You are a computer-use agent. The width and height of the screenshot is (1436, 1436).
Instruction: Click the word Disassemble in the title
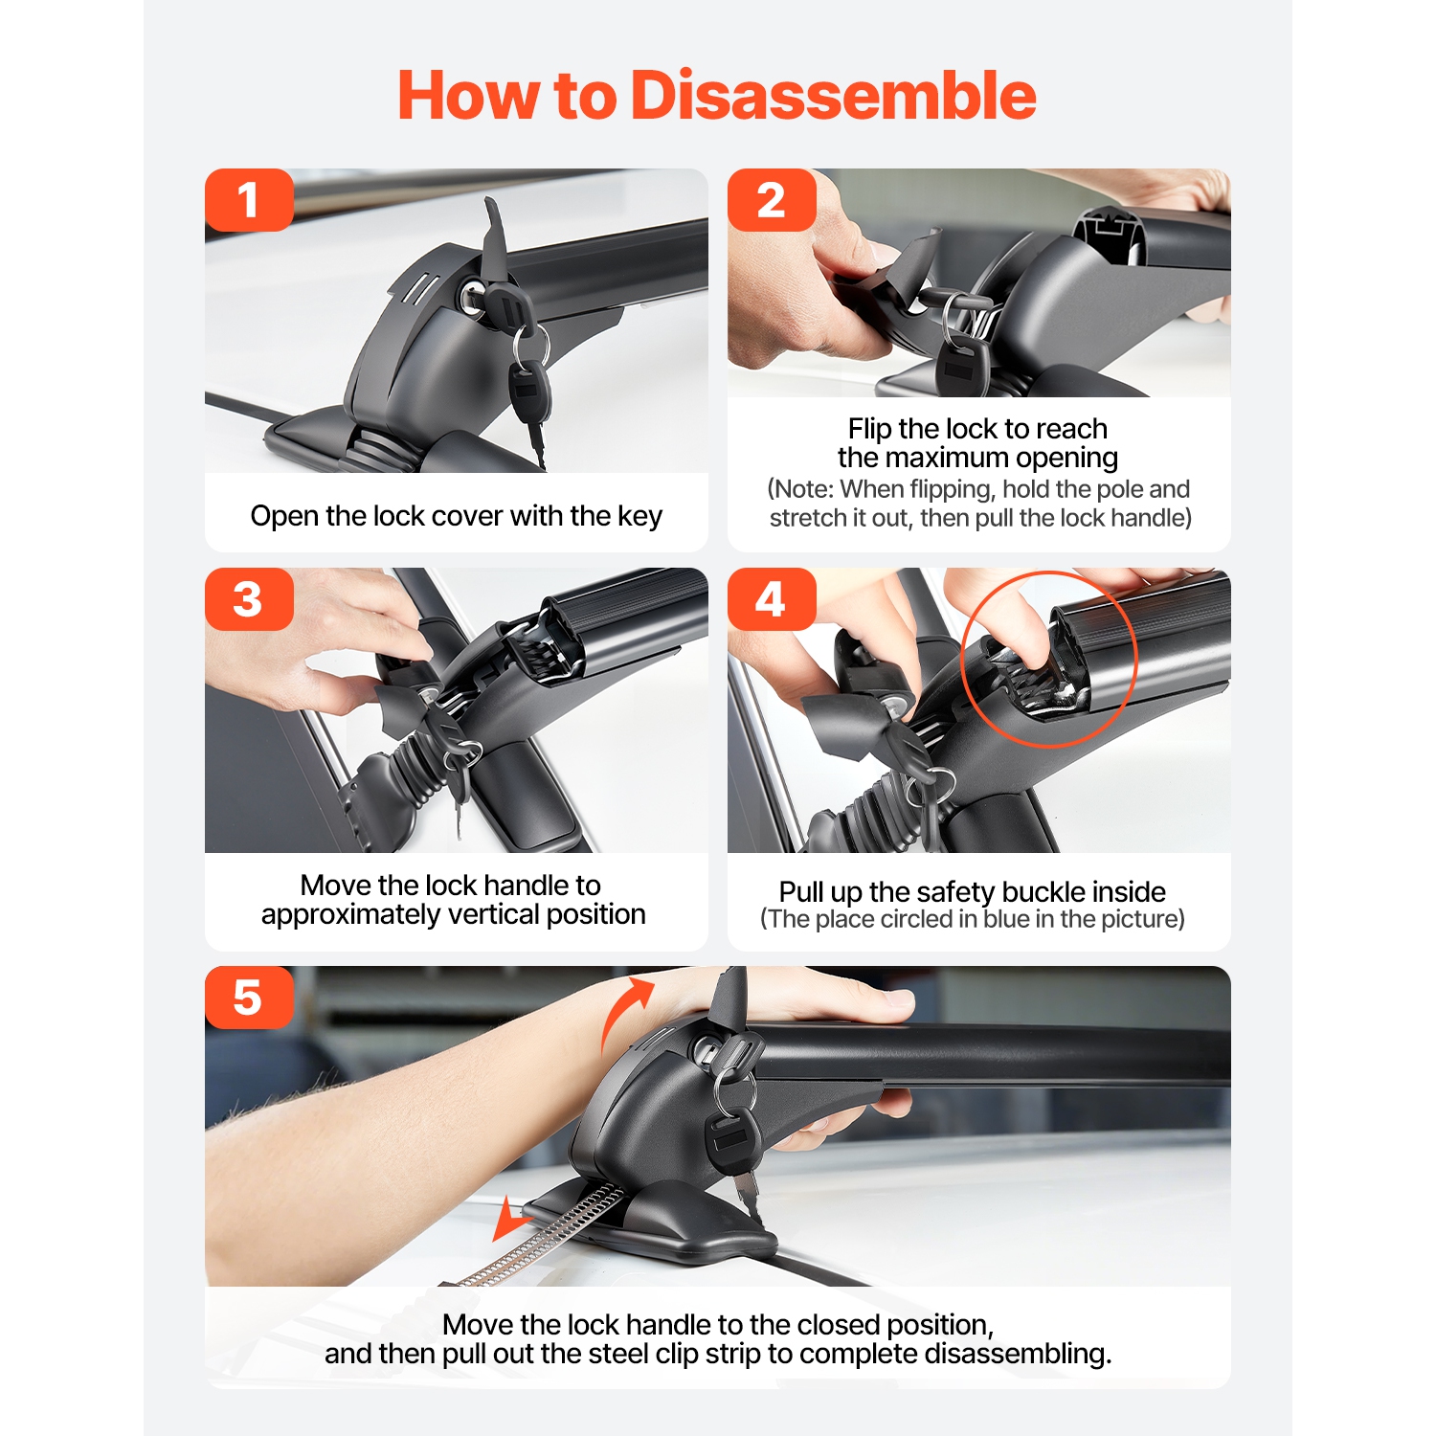pyautogui.click(x=833, y=96)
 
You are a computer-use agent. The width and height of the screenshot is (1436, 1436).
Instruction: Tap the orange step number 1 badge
pyautogui.click(x=249, y=200)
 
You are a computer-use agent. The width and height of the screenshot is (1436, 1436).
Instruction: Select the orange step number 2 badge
pyautogui.click(x=772, y=200)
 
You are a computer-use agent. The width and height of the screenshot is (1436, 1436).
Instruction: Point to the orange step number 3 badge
pyautogui.click(x=249, y=599)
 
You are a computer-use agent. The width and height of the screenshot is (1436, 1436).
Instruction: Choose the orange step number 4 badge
pyautogui.click(x=772, y=599)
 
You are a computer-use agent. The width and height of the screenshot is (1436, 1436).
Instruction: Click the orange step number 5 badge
pyautogui.click(x=249, y=998)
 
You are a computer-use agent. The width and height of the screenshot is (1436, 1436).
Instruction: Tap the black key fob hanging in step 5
pyautogui.click(x=732, y=1139)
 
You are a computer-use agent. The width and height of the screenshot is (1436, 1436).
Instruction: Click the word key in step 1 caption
pyautogui.click(x=639, y=517)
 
